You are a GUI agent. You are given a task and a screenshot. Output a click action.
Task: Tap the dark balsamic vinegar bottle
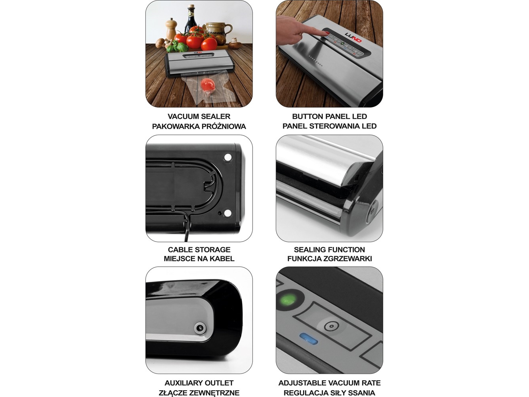(191, 21)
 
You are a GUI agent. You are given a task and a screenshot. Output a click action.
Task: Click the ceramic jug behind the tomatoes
(218, 31)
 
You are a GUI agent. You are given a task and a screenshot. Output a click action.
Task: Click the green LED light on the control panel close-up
(288, 300)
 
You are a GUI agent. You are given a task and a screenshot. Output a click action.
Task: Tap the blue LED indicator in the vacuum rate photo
(309, 339)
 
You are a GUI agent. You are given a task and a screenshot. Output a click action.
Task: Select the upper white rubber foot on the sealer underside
(228, 157)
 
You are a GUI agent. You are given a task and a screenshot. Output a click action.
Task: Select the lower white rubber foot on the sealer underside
(227, 213)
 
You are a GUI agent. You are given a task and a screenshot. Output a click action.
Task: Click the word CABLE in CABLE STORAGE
(179, 250)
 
